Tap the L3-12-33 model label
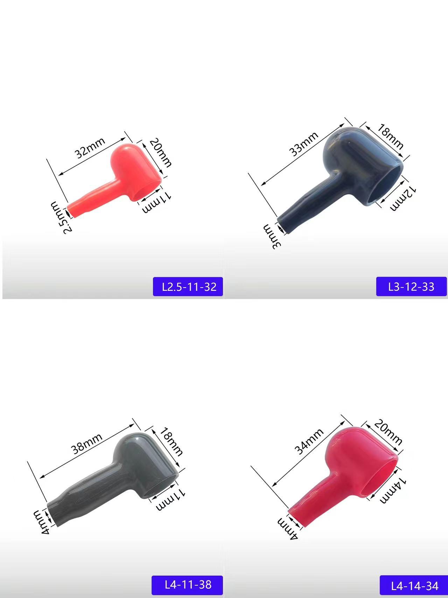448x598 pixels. tap(411, 287)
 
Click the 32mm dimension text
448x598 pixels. tap(90, 148)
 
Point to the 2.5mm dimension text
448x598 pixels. tap(62, 217)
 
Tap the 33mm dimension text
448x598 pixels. tap(303, 144)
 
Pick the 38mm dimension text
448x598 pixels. tap(86, 444)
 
